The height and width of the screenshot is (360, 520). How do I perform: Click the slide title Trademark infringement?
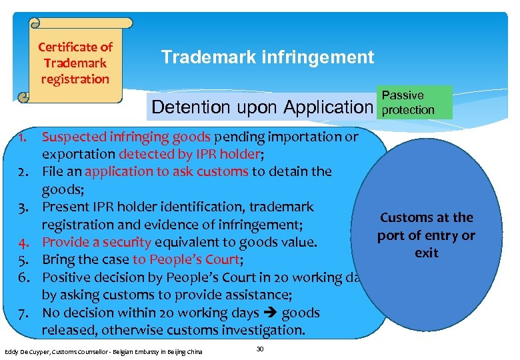[x=267, y=57]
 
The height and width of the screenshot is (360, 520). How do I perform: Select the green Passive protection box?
[x=413, y=102]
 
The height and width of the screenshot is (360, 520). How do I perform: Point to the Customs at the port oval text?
[x=426, y=235]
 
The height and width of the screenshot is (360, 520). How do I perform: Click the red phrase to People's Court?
[x=187, y=260]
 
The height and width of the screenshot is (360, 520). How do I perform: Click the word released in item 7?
[x=69, y=330]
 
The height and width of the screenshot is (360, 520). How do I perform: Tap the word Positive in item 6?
[x=67, y=277]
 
